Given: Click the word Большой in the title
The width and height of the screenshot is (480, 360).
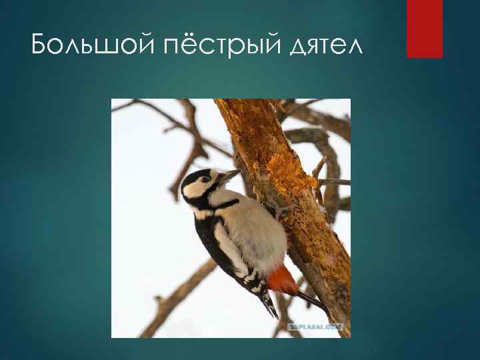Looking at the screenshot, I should pyautogui.click(x=78, y=46).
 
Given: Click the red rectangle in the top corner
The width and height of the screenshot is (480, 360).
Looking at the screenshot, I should pyautogui.click(x=425, y=28).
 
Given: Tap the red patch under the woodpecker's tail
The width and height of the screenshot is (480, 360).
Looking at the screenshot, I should pyautogui.click(x=283, y=281).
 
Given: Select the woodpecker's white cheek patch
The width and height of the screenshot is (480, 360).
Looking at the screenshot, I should pyautogui.click(x=199, y=190).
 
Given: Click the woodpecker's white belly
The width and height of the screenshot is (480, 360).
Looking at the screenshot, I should pyautogui.click(x=257, y=230).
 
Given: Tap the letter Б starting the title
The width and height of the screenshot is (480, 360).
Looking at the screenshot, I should pyautogui.click(x=39, y=46).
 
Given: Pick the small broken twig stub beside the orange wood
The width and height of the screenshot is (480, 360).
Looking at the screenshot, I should pyautogui.click(x=319, y=167).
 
